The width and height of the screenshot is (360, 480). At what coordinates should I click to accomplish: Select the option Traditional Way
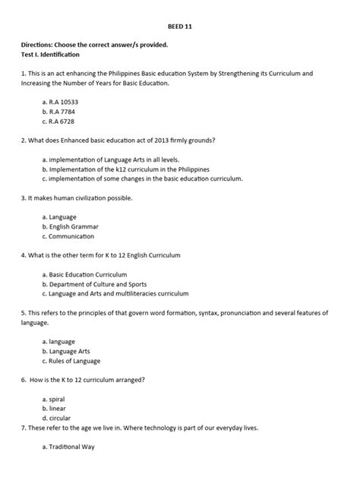click(72, 447)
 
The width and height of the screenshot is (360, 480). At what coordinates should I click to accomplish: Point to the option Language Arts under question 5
click(72, 351)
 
